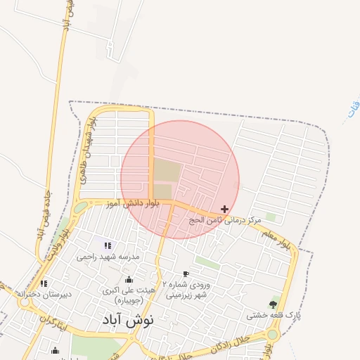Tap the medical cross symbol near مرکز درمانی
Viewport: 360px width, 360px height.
click(224, 209)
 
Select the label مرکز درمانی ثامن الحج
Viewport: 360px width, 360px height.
click(225, 220)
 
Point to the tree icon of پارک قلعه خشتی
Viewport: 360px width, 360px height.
click(273, 304)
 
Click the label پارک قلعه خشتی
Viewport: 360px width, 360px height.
click(273, 316)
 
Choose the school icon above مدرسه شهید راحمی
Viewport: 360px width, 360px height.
click(108, 245)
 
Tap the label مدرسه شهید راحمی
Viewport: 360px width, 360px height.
click(109, 257)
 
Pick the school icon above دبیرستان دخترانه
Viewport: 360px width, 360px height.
click(44, 283)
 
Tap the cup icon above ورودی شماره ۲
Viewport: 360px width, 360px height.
click(186, 274)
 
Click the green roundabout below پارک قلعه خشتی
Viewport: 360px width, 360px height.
click(272, 334)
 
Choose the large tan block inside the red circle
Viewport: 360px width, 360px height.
click(167, 171)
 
